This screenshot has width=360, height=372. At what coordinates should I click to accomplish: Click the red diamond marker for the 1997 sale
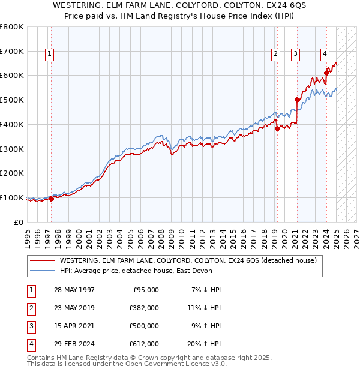pyautogui.click(x=51, y=199)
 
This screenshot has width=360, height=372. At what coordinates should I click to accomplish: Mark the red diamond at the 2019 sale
pyautogui.click(x=277, y=128)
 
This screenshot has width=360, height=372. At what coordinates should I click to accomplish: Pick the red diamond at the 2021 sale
pyautogui.click(x=297, y=100)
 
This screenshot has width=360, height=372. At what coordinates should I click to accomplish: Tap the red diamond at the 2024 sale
pyautogui.click(x=326, y=73)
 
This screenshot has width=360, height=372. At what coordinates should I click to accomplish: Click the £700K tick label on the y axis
pyautogui.click(x=12, y=52)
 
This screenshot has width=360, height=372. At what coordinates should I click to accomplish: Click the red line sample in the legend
pyautogui.click(x=42, y=260)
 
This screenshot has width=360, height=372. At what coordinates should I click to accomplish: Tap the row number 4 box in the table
pyautogui.click(x=30, y=344)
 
